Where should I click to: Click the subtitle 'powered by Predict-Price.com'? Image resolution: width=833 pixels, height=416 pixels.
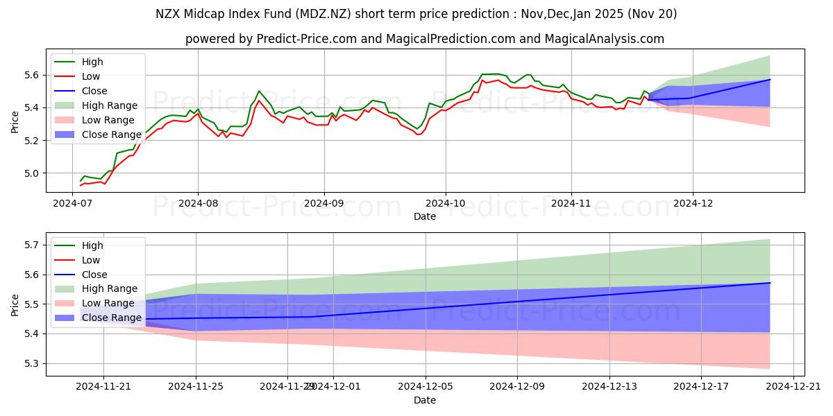pos(424,39)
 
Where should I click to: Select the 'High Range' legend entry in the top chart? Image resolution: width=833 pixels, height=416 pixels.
pos(112,105)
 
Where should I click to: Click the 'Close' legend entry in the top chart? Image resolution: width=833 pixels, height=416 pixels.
pos(94,91)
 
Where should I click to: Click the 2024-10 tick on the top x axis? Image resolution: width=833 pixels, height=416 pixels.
pos(446,203)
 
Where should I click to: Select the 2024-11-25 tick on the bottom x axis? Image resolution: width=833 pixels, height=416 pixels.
pos(195,387)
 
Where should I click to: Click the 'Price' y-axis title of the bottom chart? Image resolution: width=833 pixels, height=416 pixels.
pos(15,304)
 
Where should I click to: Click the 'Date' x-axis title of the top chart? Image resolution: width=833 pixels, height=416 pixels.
pos(424,216)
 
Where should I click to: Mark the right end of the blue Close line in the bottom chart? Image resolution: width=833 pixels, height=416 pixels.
pos(770,283)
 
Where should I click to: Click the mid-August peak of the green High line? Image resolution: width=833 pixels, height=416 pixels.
pos(259,91)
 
